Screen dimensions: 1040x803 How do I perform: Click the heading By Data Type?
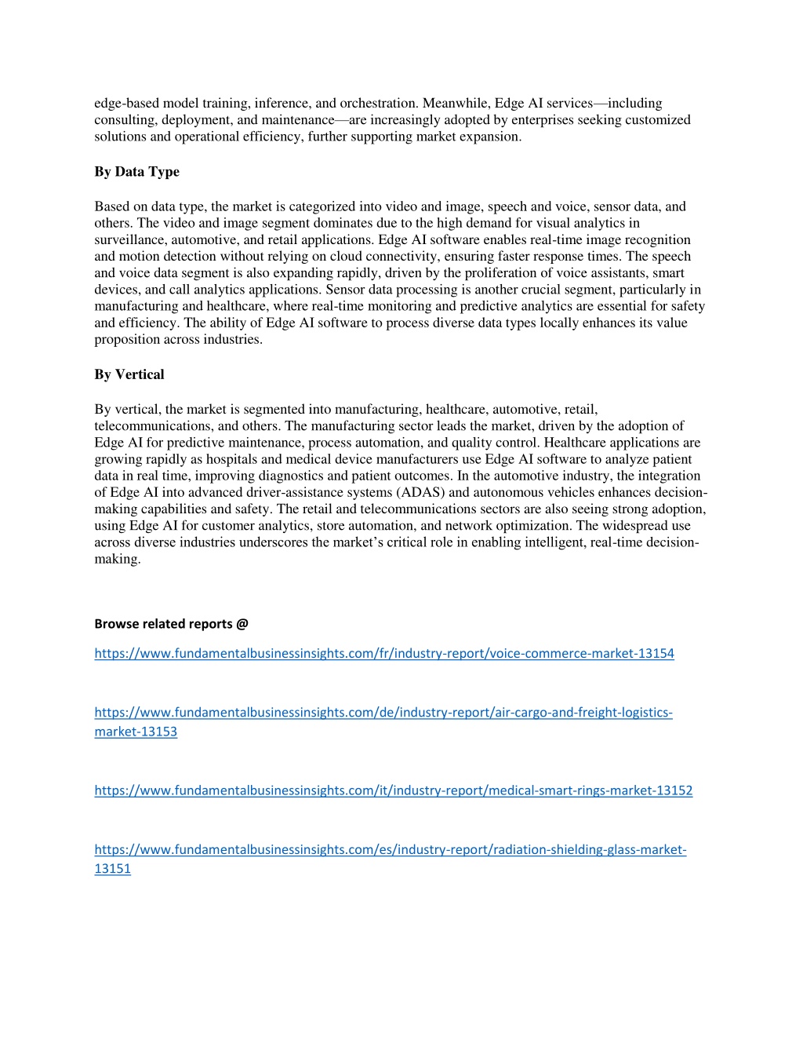pos(136,172)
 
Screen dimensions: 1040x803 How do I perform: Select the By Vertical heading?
pos(129,374)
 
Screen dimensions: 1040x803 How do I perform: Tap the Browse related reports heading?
pos(171,624)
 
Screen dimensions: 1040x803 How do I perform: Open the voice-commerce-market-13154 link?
pos(384,653)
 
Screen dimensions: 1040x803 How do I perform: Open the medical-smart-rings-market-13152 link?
pos(393,790)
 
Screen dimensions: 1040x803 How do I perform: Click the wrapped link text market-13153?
pos(136,732)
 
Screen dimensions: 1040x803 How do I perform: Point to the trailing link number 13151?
pos(112,868)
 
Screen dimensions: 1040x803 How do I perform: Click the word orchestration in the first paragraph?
pos(377,104)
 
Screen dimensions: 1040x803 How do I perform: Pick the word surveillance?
pos(126,240)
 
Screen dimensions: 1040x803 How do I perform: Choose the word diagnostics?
pos(348,476)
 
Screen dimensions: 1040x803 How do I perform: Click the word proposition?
pos(127,340)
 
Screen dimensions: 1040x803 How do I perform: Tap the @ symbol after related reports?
pos(242,624)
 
